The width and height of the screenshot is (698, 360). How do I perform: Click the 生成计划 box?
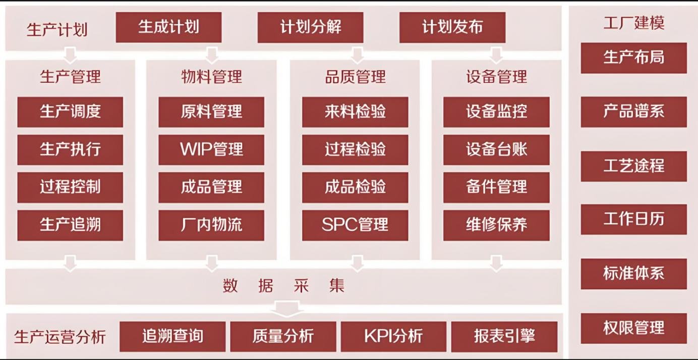(168, 27)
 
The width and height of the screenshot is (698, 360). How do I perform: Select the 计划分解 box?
(310, 27)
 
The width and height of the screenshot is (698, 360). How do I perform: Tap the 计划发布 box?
(452, 27)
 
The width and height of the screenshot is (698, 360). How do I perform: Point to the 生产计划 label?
(57, 29)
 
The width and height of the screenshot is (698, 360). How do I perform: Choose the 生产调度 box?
(70, 112)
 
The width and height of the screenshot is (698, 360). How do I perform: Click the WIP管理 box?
(211, 149)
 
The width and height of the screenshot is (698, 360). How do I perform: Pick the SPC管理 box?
(355, 225)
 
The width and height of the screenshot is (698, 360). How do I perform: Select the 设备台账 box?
(496, 149)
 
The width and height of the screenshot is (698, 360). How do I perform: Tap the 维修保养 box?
(496, 225)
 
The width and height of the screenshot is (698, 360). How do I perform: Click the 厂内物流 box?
(211, 225)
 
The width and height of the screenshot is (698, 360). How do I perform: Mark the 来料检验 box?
(355, 112)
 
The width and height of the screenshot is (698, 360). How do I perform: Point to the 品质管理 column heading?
(355, 77)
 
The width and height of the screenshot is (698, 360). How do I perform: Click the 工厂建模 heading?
(633, 23)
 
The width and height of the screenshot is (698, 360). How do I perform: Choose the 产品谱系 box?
(633, 112)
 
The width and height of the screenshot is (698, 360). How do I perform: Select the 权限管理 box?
(633, 328)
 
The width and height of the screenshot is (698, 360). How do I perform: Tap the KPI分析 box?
(393, 336)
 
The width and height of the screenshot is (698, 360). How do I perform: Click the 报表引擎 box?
(504, 336)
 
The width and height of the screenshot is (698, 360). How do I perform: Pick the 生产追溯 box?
(70, 225)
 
